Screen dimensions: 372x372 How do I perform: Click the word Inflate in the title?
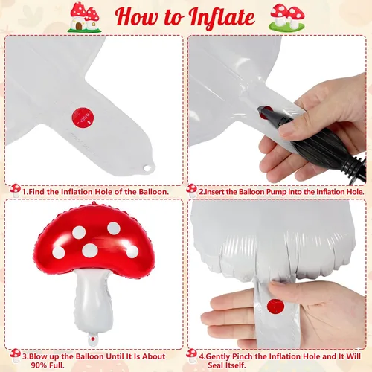[x=222, y=17]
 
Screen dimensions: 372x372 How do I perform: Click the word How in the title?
[x=136, y=16]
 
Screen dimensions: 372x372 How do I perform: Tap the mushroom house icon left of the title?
[x=84, y=17]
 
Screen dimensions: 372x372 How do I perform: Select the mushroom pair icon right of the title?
[x=287, y=17]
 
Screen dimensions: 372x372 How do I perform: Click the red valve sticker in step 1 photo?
[x=83, y=118]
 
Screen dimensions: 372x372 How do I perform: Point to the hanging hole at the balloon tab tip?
[x=147, y=168]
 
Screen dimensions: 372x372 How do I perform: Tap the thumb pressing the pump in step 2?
[x=292, y=127]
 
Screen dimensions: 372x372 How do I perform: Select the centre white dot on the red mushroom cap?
[x=90, y=250]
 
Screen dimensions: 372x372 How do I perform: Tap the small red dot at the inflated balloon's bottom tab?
[x=93, y=339]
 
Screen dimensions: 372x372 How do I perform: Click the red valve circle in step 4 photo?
[x=275, y=307]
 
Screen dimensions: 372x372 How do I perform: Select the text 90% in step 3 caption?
[x=39, y=365]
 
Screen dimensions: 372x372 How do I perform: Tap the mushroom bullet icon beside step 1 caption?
[x=16, y=190]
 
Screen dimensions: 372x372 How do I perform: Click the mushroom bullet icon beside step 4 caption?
[x=192, y=356]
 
